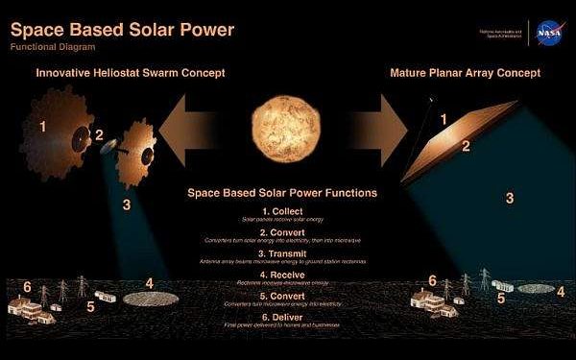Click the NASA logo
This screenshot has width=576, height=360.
click(548, 31)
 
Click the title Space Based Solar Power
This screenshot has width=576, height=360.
click(122, 29)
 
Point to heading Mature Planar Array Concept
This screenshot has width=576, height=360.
click(465, 72)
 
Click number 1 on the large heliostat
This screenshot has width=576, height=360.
click(42, 126)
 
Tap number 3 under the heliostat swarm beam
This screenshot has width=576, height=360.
click(127, 204)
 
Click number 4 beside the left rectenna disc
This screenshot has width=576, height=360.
click(149, 283)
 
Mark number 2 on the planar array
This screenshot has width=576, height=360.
click(466, 147)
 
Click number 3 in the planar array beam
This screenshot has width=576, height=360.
click(510, 198)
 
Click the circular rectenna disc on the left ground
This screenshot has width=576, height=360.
click(152, 299)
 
